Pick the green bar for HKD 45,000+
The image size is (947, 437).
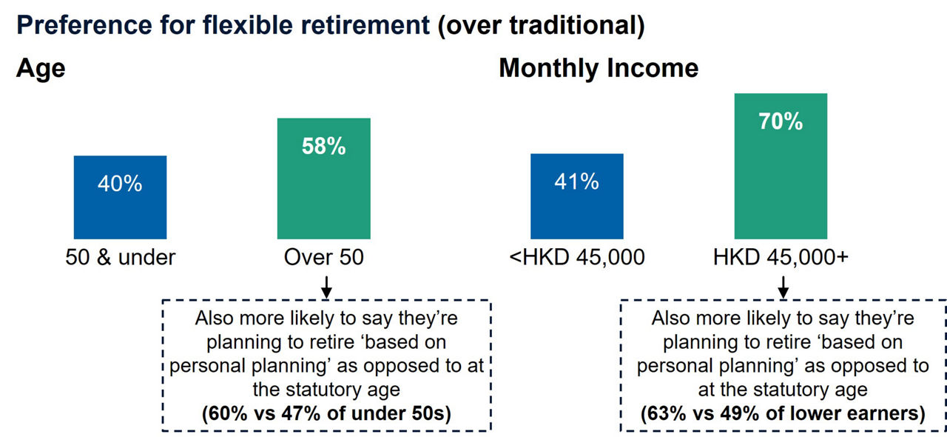point(781,185)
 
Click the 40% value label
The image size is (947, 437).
point(120,184)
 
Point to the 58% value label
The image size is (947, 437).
point(323,147)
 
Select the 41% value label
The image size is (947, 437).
point(576,181)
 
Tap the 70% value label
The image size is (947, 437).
point(781,121)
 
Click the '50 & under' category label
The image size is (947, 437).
point(120,258)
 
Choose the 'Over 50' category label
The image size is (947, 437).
point(323,258)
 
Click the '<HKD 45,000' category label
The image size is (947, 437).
point(577,258)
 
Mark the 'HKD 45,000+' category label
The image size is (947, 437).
point(781,258)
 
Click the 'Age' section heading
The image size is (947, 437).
point(41,69)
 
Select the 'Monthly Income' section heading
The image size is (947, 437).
point(599,69)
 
